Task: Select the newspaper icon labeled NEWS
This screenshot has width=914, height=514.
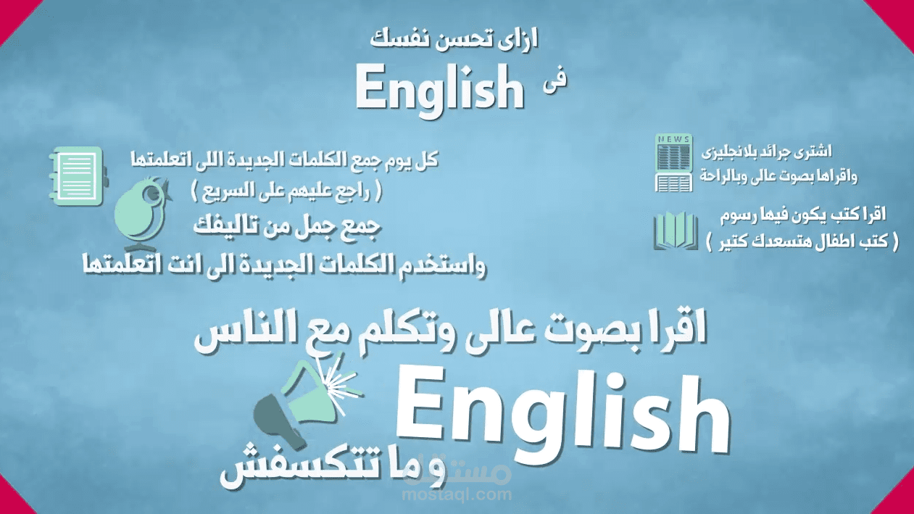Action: click(x=673, y=163)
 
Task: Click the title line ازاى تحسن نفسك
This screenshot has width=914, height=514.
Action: click(x=457, y=39)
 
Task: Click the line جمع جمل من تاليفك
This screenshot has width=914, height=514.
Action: click(x=287, y=225)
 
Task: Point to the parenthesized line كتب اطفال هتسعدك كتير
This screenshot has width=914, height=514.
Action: click(x=801, y=242)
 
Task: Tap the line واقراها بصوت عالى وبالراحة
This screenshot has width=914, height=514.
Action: click(x=778, y=176)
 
